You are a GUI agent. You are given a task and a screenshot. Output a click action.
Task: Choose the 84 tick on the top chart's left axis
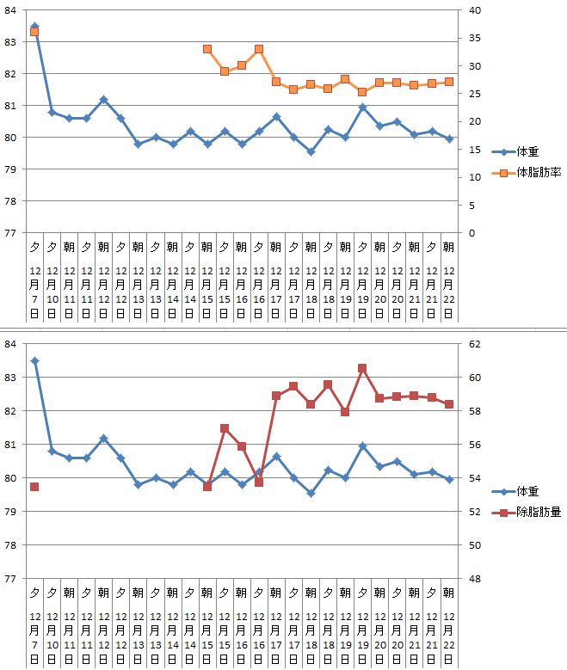click(x=11, y=9)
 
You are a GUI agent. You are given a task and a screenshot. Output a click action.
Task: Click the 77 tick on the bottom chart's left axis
click(x=11, y=579)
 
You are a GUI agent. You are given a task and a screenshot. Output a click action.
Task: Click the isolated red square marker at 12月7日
click(x=34, y=487)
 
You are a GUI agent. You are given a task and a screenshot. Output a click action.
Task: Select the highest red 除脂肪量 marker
click(x=362, y=368)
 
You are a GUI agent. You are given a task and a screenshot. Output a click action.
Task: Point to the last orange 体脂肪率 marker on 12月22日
click(x=448, y=82)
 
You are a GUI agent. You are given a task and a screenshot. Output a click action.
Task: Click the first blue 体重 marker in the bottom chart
click(x=34, y=361)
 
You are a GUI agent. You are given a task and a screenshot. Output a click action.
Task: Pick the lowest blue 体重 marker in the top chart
click(x=311, y=151)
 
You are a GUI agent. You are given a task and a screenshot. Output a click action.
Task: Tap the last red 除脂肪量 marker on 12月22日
click(x=448, y=404)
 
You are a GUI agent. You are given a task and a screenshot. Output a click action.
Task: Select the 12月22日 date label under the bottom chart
click(x=448, y=636)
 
